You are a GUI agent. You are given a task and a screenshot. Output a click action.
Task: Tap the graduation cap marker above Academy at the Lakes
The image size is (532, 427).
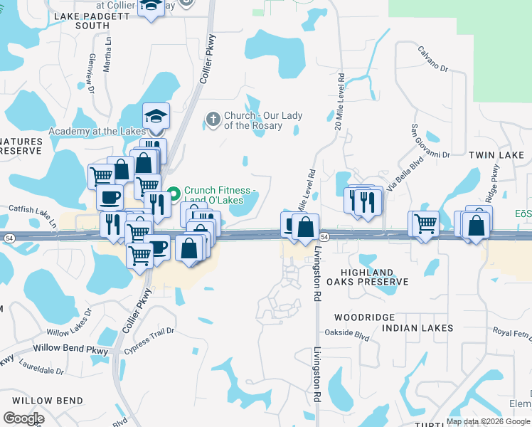pyautogui.click(x=156, y=116)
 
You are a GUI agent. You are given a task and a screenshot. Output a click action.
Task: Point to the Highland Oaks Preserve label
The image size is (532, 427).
pyautogui.click(x=366, y=277)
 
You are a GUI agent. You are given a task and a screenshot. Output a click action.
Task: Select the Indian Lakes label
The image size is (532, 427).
pyautogui.click(x=417, y=328)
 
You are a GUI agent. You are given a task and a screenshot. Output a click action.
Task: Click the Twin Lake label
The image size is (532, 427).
pyautogui.click(x=496, y=154)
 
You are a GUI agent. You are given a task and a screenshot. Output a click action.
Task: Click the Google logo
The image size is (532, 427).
pyautogui.click(x=23, y=418)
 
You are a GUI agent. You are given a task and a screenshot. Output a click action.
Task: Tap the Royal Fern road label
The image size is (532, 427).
pyautogui.click(x=512, y=332)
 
